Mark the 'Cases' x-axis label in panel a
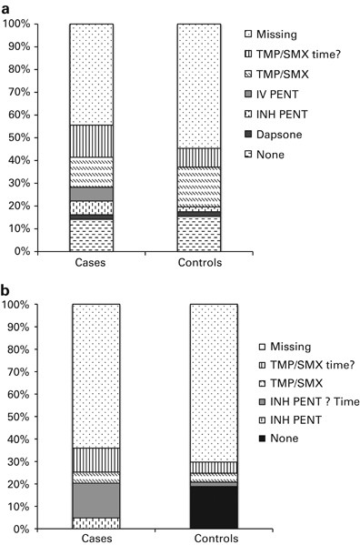[x=91, y=263]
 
